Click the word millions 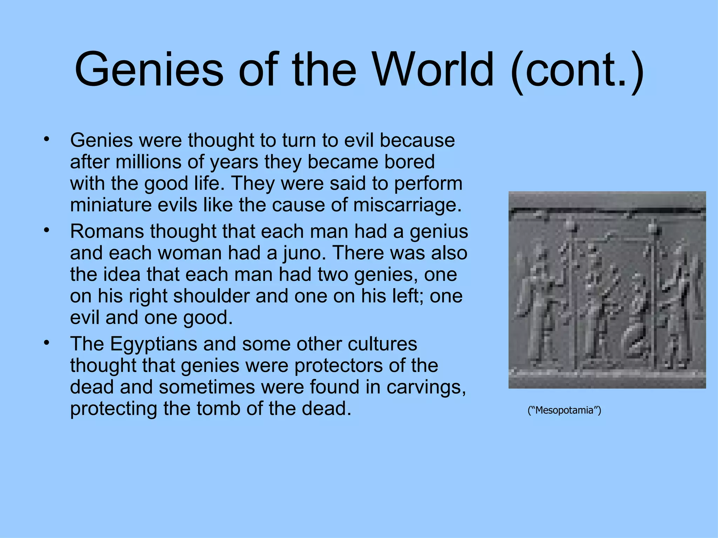click(x=149, y=162)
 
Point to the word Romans click(x=107, y=232)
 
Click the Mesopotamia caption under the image click(x=564, y=410)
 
